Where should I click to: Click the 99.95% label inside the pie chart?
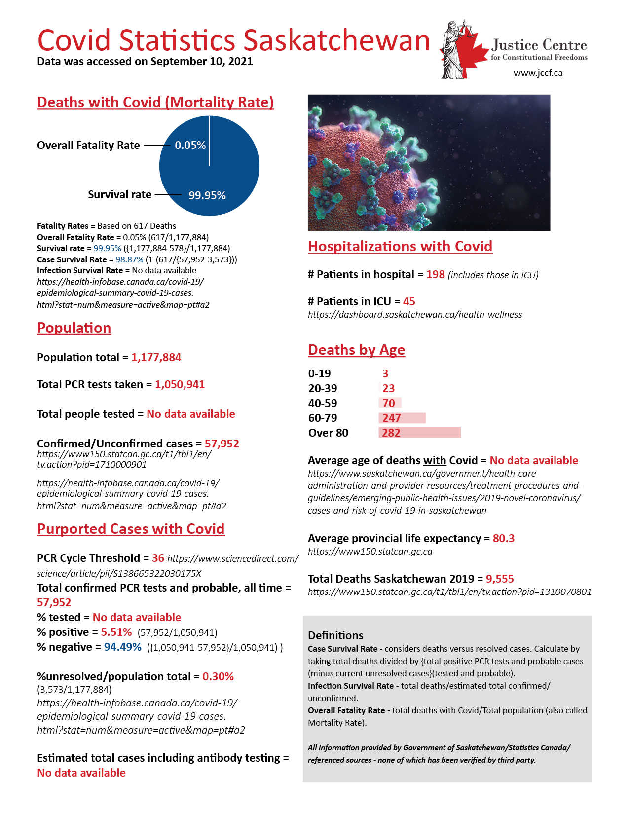(x=207, y=195)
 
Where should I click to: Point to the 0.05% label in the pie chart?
(x=190, y=145)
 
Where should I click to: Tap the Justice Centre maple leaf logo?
(x=460, y=49)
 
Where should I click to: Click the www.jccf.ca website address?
(x=538, y=73)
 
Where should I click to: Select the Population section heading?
(x=74, y=328)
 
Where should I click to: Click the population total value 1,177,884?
(x=156, y=357)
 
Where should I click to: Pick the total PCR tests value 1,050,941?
(x=180, y=384)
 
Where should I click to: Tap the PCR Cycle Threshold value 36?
(x=158, y=558)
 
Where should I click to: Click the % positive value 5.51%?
(x=116, y=632)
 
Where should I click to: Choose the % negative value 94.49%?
(x=122, y=647)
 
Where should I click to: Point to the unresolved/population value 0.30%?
(x=218, y=676)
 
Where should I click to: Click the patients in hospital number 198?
(x=435, y=274)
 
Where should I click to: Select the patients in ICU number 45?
(x=409, y=301)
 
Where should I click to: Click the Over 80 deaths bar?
(x=419, y=433)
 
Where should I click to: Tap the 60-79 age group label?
(x=323, y=418)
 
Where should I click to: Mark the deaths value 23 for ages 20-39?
(x=388, y=388)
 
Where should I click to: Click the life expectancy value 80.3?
(x=503, y=538)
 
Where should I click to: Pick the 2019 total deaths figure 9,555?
(x=499, y=579)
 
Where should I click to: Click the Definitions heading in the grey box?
(x=335, y=635)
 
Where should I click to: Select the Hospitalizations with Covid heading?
(x=400, y=246)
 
